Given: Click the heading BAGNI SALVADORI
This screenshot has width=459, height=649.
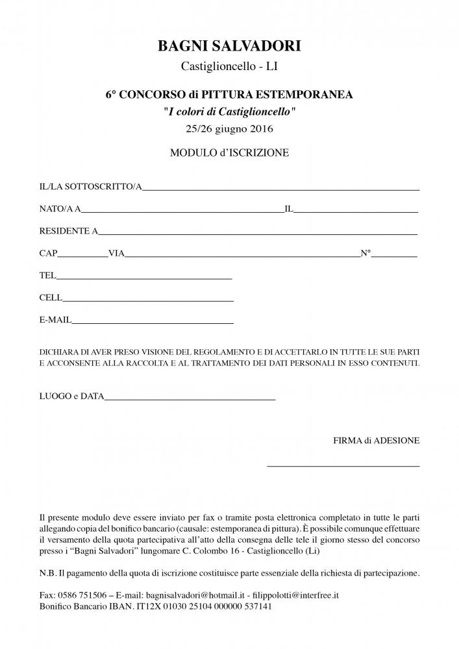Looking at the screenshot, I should coord(229,45).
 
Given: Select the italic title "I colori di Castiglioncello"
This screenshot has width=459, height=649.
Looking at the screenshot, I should coord(229,112).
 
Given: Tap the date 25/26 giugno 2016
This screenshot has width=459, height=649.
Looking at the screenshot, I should coord(229,129).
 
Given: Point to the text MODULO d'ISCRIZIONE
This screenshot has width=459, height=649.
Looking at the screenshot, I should coord(229,153).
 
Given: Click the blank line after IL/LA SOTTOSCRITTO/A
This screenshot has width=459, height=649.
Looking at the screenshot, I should coord(280,188).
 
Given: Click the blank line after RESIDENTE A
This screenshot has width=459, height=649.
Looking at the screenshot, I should coord(258,232).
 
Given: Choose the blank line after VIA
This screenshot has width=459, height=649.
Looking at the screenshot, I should coord(242,256).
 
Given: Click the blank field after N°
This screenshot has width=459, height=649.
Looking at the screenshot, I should coord(394,256).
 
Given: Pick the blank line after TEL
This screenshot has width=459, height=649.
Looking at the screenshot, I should coord(144,278).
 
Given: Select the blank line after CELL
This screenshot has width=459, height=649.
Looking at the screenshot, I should coord(148,300).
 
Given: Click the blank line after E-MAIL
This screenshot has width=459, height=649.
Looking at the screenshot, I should coord(153,322).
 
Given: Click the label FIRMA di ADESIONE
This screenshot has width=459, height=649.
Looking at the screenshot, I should coord(377,441).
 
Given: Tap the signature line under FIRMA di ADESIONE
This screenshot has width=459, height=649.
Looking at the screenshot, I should coord(343,465).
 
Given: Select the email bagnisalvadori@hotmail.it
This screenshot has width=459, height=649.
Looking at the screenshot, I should coord(198,594).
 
